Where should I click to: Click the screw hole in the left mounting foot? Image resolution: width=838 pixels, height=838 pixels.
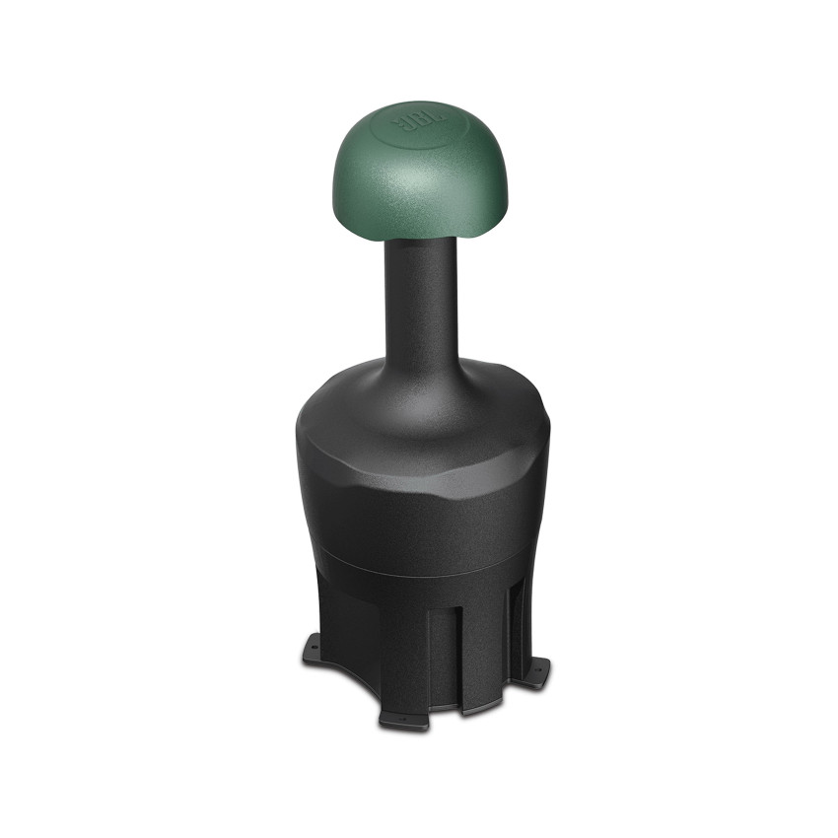pos(313,648)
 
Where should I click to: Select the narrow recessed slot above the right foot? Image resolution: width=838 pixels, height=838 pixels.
pos(512,621)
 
